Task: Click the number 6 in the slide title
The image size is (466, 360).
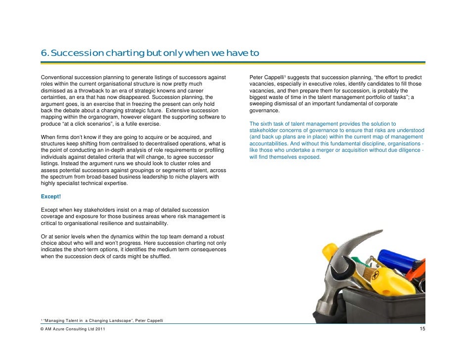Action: pyautogui.click(x=43, y=53)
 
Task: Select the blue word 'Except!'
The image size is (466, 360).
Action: pyautogui.click(x=50, y=196)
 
